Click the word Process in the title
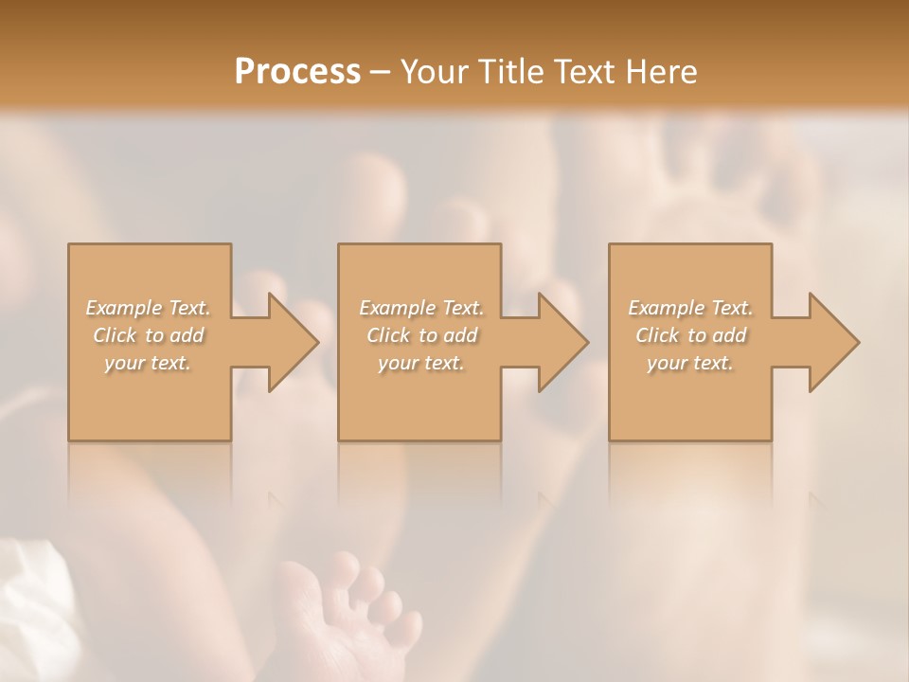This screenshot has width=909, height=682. point(297,72)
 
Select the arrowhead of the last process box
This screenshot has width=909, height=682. point(831,342)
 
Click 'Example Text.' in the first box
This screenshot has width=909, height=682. point(149,308)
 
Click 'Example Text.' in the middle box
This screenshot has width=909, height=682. point(421,308)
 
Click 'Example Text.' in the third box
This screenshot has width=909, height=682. point(690,308)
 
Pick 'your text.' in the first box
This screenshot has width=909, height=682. point(149,363)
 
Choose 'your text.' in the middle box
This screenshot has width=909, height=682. point(421,363)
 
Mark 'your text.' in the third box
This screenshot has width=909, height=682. point(690,363)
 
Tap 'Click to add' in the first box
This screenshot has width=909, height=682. point(149,335)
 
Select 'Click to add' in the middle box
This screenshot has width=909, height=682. point(421,335)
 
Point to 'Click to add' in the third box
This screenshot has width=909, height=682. point(690,335)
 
